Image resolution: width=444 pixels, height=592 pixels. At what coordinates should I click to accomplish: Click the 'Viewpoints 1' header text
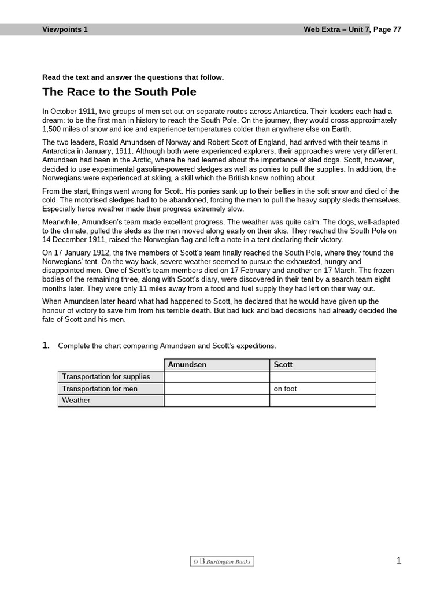pyautogui.click(x=65, y=29)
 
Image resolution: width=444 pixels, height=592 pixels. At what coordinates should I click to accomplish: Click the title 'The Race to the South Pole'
pyautogui.click(x=119, y=92)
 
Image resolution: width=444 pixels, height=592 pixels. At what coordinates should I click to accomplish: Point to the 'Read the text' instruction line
pyautogui.click(x=133, y=77)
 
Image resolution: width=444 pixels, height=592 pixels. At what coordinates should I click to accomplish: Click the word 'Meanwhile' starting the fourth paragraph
pyautogui.click(x=61, y=222)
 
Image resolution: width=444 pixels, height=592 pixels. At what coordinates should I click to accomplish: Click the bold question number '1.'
pyautogui.click(x=46, y=346)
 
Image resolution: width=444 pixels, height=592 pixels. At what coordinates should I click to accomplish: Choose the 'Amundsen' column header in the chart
pyautogui.click(x=187, y=365)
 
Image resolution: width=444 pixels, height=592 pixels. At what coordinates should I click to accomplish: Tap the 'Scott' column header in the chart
pyautogui.click(x=283, y=365)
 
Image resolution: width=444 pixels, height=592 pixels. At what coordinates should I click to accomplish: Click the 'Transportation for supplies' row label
pyautogui.click(x=106, y=377)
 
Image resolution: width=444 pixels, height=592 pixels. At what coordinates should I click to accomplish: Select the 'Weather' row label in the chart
pyautogui.click(x=76, y=400)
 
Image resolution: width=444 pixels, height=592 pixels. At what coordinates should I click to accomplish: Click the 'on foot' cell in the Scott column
pyautogui.click(x=285, y=388)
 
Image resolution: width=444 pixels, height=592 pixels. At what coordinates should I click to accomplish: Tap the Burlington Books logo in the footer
pyautogui.click(x=222, y=561)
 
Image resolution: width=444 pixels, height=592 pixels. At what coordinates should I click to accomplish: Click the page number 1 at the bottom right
pyautogui.click(x=398, y=560)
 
